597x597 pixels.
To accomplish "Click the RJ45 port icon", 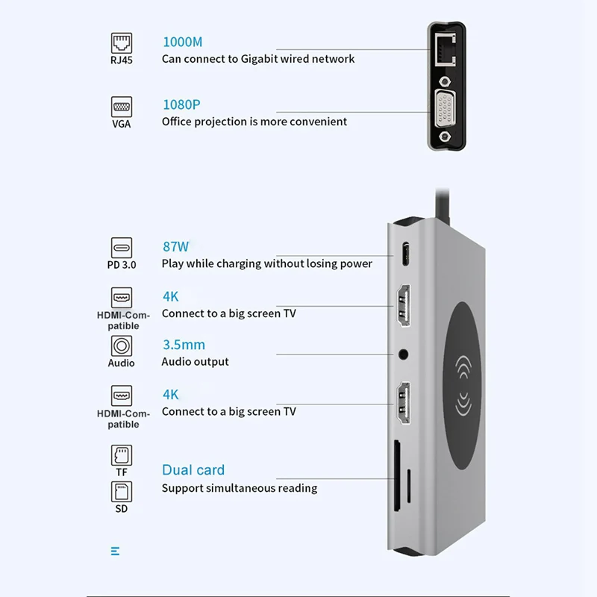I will tap(121, 41).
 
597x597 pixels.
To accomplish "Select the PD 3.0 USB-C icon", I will tap(121, 248).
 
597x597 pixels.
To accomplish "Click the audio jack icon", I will tap(121, 346).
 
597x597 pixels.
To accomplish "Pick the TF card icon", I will tap(121, 454).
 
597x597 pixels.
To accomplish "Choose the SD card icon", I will tap(121, 492).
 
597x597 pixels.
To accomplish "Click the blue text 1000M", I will tap(181, 42).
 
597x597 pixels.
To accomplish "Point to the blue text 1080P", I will tap(181, 104).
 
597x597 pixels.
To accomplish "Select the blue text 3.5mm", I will tap(184, 345).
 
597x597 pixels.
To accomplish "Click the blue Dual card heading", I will tap(193, 470).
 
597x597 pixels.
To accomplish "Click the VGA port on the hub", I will tap(446, 110).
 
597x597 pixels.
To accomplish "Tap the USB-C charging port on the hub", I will tap(404, 254).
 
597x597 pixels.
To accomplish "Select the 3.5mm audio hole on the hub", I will tap(404, 353).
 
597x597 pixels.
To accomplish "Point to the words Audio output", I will tap(196, 362).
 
